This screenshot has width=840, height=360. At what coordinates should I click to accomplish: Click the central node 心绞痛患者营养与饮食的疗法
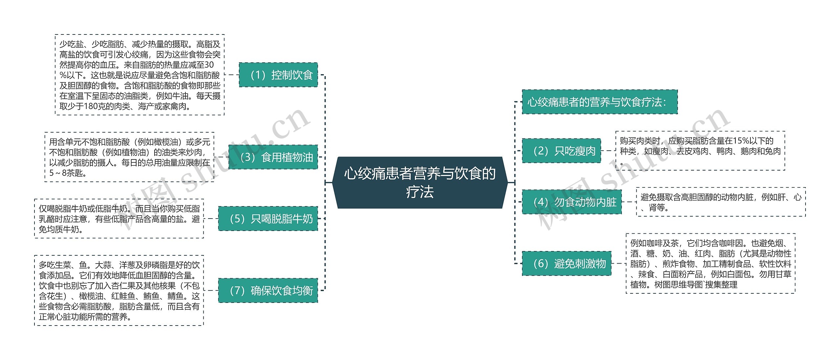pos(420,182)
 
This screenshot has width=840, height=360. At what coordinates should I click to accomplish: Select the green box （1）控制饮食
pos(278,75)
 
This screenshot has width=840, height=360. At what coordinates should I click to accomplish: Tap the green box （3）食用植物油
pos(273,157)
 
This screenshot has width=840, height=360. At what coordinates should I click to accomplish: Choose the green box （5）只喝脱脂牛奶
pos(268,219)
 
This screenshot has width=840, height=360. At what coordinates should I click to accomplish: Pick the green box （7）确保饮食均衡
pos(268,290)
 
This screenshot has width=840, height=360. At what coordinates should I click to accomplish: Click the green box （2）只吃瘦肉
pos(561,151)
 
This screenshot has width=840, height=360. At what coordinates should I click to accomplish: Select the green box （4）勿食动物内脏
pos(572,202)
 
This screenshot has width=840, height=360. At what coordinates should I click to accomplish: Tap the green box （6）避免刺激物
pos(566,264)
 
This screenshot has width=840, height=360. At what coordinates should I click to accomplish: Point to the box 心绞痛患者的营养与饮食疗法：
pos(599,102)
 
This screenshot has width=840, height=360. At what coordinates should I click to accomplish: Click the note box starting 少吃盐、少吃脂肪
pos(139,75)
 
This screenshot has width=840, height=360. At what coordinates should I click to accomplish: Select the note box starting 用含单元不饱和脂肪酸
pos(129,157)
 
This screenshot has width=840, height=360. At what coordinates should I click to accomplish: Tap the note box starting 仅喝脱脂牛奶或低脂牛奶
pos(119,219)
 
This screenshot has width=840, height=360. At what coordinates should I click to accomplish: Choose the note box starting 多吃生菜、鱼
pos(119,290)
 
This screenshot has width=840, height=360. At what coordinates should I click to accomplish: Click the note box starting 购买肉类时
pos(700,151)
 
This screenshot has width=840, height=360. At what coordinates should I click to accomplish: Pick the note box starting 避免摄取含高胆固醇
pos(721,202)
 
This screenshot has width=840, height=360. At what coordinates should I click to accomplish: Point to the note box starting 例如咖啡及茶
pos(710,264)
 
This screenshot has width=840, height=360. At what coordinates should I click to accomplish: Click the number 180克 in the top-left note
pos(94,106)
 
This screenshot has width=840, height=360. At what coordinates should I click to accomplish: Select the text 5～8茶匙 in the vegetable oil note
pos(68,173)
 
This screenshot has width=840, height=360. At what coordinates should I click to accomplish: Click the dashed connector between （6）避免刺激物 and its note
pos(619,264)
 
